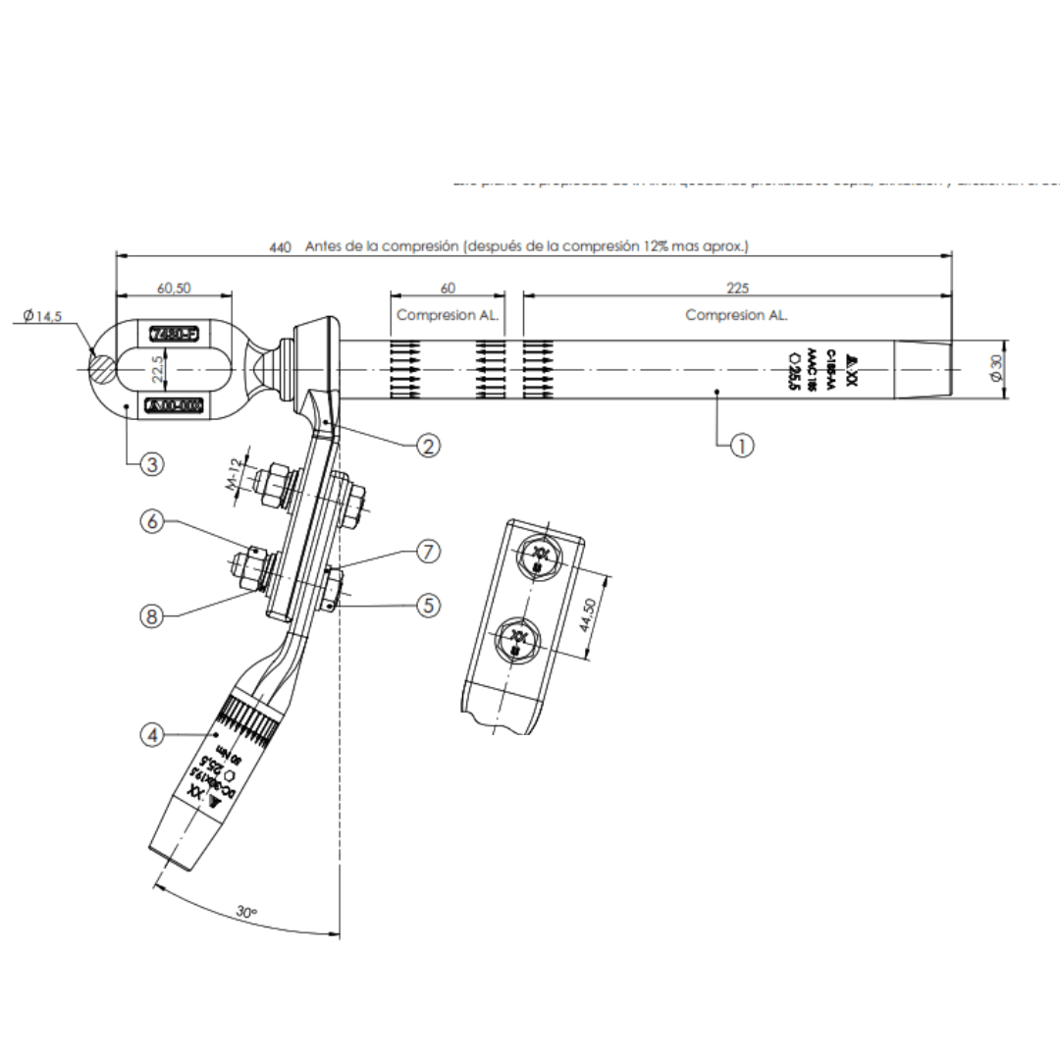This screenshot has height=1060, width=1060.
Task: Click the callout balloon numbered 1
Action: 741,446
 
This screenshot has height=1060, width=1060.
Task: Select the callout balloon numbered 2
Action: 427,446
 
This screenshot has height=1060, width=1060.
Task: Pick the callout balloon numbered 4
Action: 150,734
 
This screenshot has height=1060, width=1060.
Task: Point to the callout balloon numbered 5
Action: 427,606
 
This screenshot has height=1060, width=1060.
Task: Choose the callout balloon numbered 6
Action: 150,523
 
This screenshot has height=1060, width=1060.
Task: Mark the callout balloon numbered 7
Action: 427,552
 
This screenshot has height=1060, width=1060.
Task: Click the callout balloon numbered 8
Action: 150,616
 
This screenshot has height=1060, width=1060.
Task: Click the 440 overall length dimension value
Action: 280,247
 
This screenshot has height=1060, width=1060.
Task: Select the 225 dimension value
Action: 737,288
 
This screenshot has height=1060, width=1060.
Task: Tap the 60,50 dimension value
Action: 174,288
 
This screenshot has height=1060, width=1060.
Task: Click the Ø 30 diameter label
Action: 997,369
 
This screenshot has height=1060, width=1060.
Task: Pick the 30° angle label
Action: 247,912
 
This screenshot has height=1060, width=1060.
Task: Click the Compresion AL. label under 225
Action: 737,315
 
